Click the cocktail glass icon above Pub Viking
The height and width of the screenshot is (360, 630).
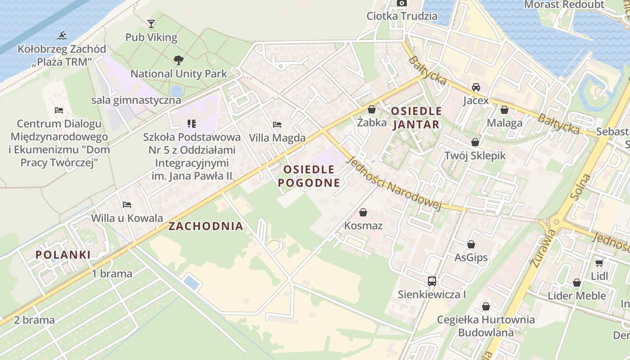[151, 23]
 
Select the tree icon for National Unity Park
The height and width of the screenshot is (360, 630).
[179, 60]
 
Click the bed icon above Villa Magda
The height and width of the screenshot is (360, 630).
[277, 124]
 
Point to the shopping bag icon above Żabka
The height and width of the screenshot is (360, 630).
[372, 109]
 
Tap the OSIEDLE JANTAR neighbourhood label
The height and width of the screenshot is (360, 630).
[416, 118]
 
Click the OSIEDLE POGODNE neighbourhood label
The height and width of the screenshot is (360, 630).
[309, 176]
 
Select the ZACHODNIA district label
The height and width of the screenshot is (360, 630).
[206, 226]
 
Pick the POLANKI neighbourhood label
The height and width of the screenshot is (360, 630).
[63, 255]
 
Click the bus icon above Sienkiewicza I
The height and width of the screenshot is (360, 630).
[432, 281]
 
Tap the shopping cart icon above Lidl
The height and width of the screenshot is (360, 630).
[599, 263]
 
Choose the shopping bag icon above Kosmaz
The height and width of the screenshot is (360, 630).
[363, 212]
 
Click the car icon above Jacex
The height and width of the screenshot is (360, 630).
[476, 87]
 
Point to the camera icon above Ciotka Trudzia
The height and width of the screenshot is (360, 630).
[402, 3]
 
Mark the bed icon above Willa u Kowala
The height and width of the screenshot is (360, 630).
[127, 205]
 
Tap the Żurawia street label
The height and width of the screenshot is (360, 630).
[541, 248]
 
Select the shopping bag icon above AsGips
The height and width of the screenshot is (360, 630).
[471, 244]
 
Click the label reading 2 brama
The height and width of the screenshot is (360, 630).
[34, 320]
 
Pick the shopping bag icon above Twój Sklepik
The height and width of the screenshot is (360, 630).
[475, 142]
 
